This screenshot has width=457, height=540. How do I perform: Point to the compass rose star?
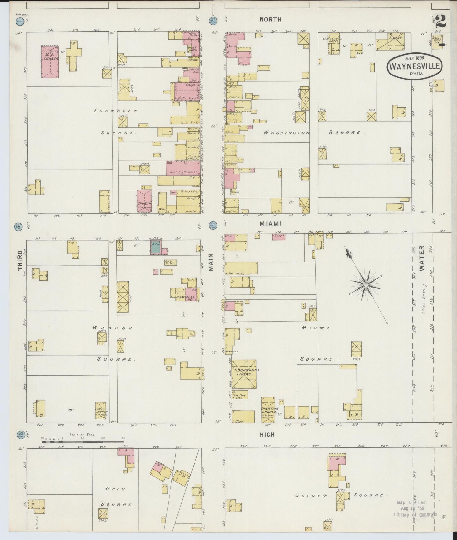[366, 285]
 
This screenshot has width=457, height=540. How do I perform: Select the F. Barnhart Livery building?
[244, 374]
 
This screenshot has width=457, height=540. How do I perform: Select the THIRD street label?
[21, 260]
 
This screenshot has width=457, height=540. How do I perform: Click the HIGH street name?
[267, 435]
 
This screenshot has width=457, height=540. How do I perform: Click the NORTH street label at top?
[270, 20]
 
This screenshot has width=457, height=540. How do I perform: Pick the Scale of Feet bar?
[83, 438]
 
